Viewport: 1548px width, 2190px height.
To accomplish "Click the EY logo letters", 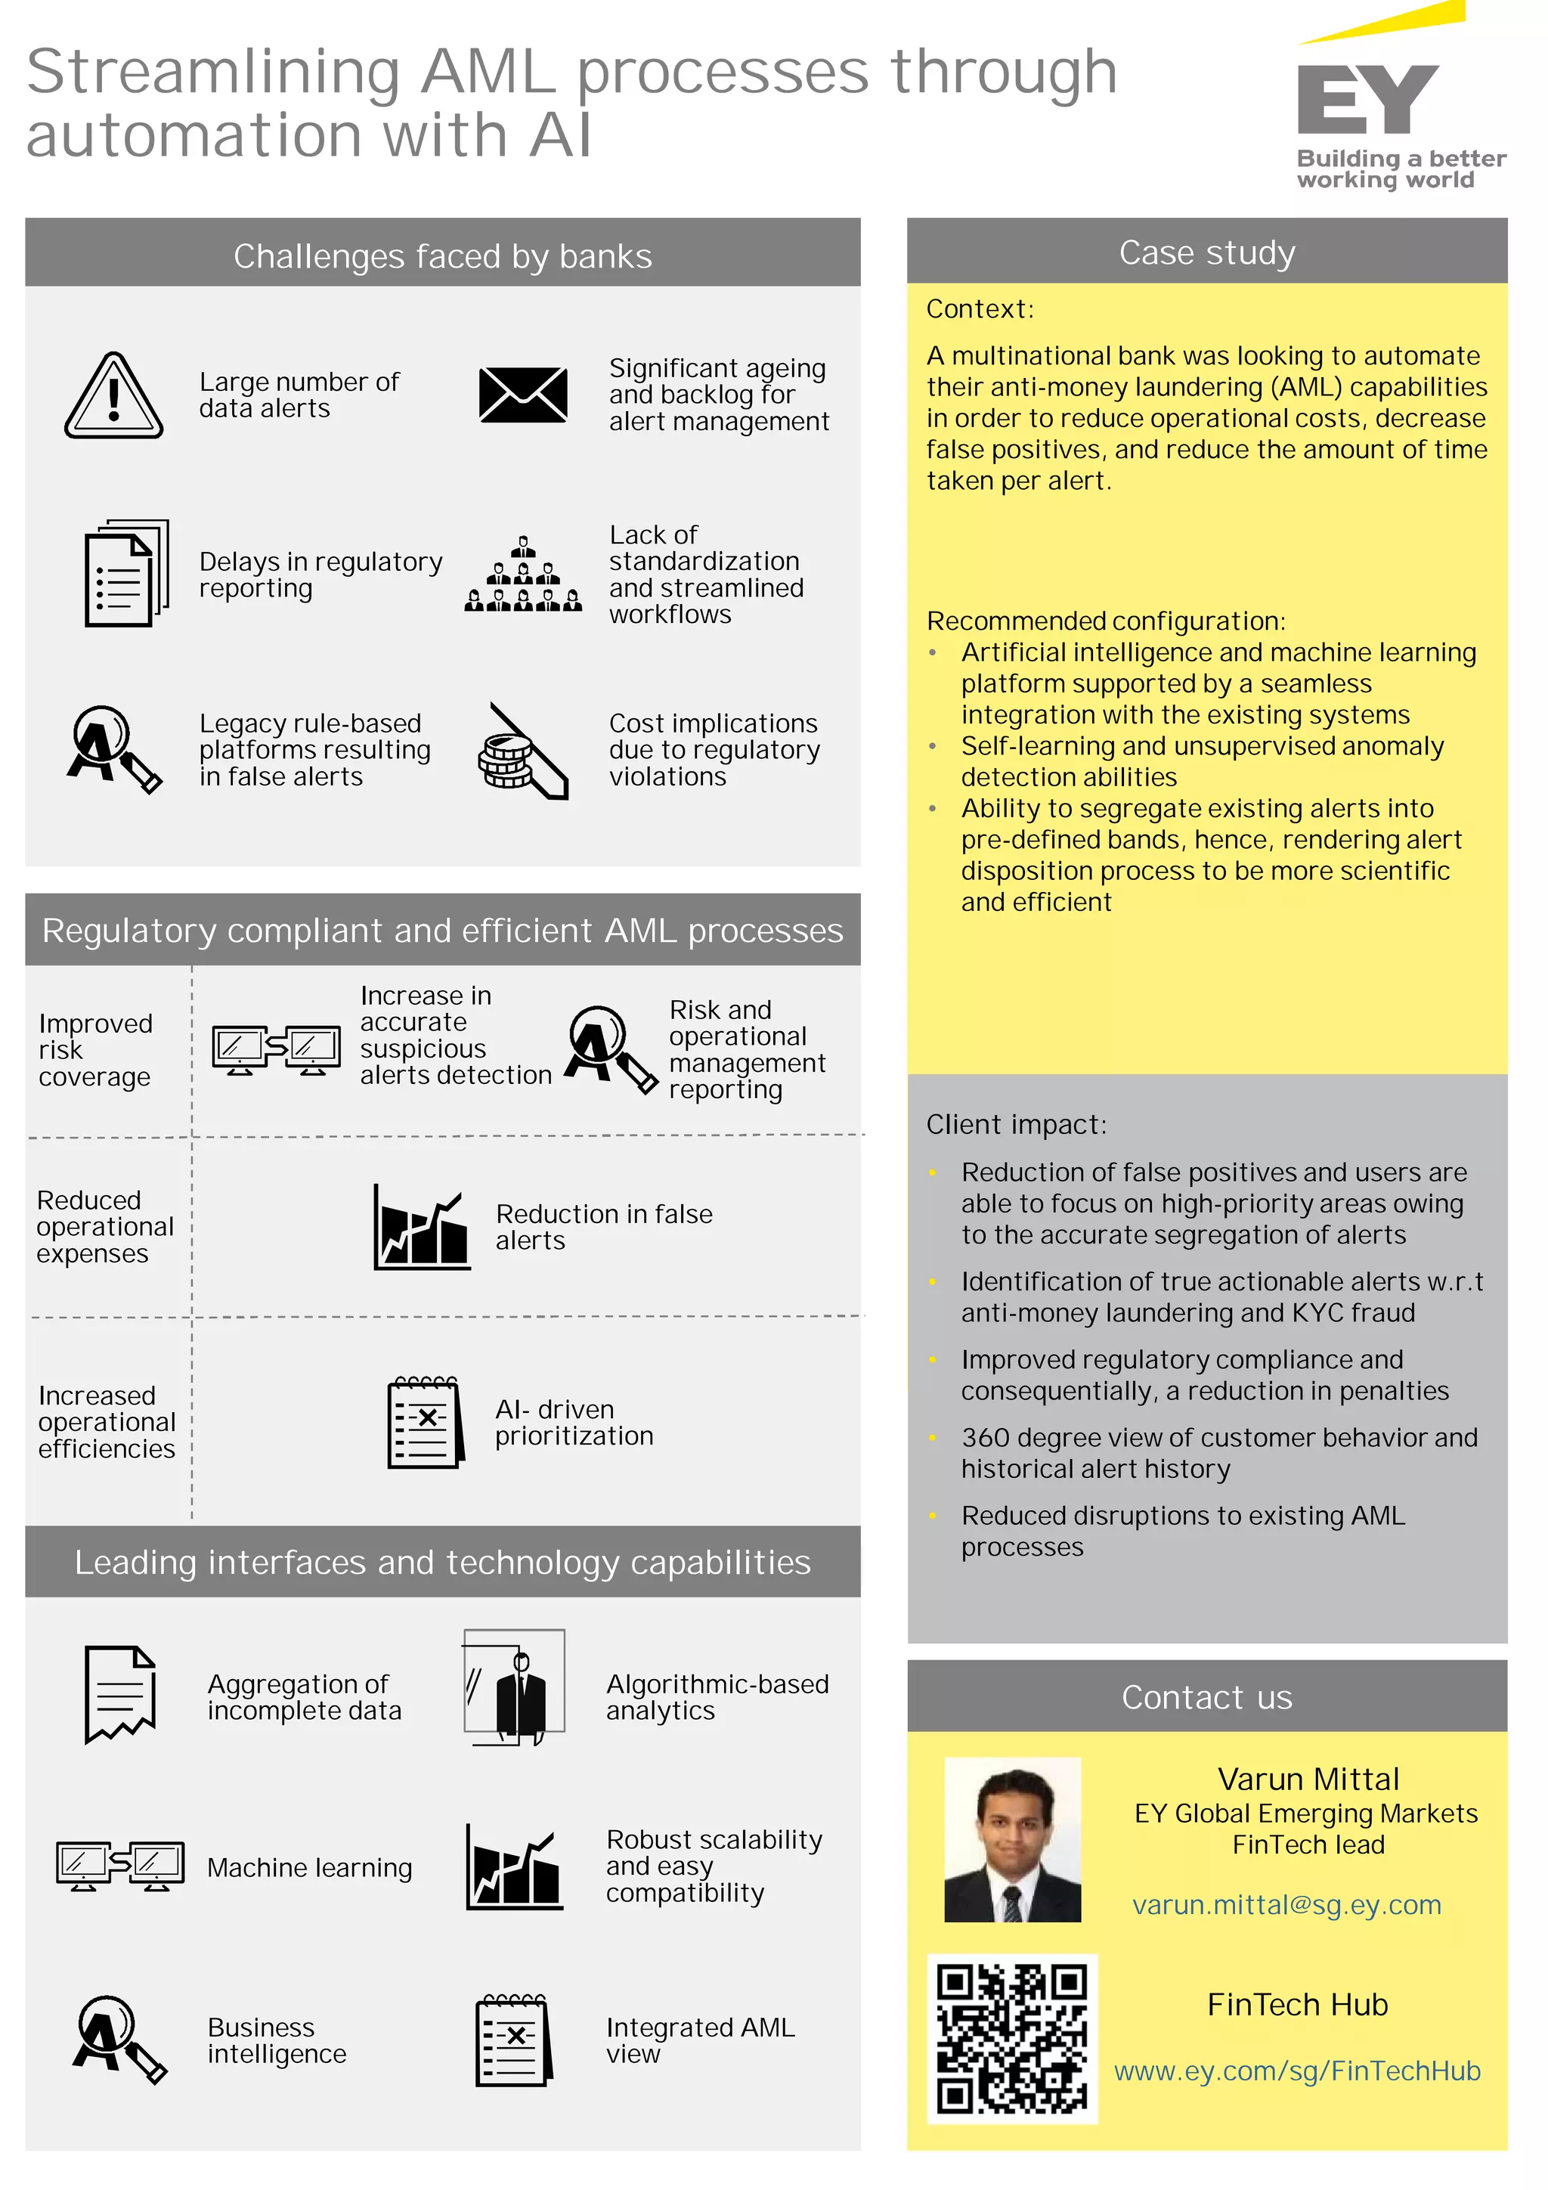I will coord(1366,100).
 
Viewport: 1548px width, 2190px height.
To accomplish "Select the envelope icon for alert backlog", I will coord(522,395).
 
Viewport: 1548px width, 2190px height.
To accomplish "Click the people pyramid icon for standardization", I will coord(522,575).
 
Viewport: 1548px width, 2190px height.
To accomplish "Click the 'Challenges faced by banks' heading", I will coord(443,256).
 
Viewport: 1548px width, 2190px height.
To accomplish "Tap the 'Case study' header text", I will coord(1206,252).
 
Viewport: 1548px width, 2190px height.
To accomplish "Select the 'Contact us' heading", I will coord(1206,1697).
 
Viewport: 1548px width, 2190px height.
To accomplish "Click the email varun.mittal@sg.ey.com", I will coord(1286,1905).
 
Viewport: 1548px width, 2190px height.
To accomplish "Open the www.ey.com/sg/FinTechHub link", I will coord(1297,2071).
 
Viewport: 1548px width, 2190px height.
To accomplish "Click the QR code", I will coord(1012,2038).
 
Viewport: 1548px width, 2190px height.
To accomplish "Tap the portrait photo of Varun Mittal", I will coord(1012,1839).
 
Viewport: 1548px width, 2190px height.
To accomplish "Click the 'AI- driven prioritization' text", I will coord(573,1422).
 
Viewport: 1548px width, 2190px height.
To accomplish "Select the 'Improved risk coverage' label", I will coord(95,1049).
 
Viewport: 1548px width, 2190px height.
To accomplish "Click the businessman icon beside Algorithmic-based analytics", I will coord(515,1687).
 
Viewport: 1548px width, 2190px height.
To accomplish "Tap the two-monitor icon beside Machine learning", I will coord(120,1866).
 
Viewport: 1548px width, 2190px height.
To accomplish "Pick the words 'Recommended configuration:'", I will coord(1105,621).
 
